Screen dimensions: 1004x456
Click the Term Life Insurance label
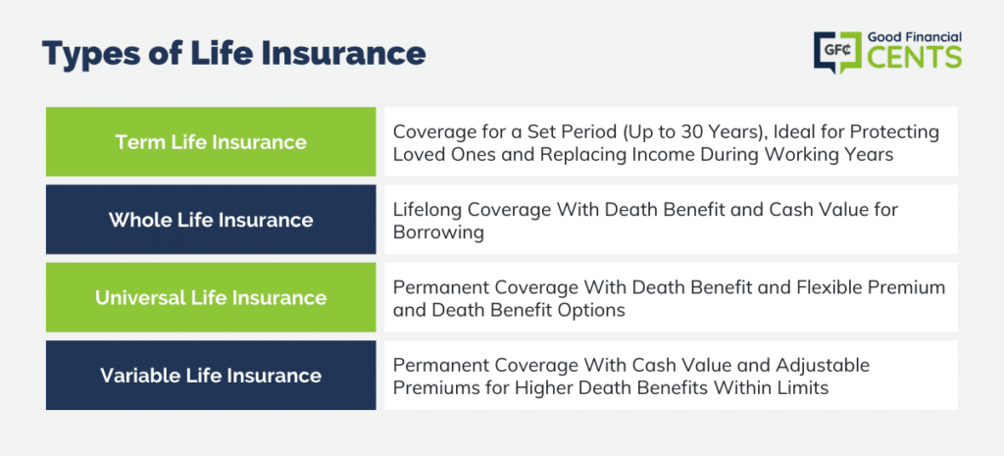pos(211,141)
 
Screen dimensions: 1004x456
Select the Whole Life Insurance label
pos(211,220)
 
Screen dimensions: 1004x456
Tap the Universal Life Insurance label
pos(211,297)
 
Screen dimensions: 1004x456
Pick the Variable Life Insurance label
pos(211,376)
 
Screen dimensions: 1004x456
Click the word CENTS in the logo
pos(915,57)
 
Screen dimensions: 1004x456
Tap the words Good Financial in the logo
pos(915,36)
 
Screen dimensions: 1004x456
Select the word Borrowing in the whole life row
pos(438,233)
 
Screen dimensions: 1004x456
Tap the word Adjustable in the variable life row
pos(825,366)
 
